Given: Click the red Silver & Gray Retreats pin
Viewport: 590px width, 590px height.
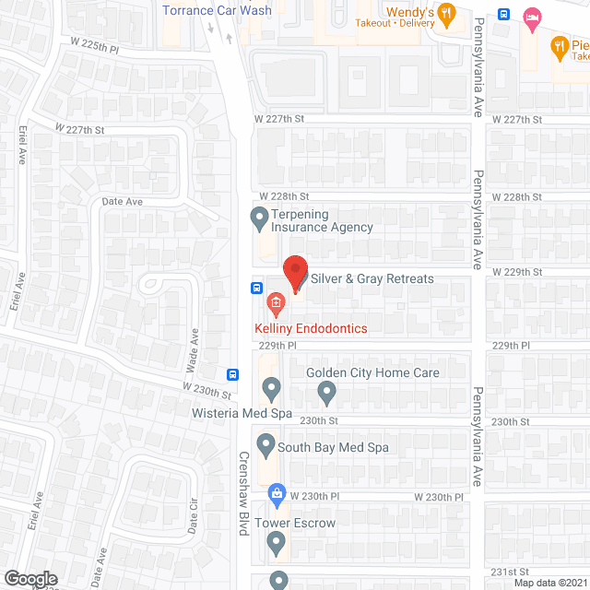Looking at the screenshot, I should pyautogui.click(x=295, y=274).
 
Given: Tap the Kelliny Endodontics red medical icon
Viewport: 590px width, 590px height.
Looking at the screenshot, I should pyautogui.click(x=275, y=303).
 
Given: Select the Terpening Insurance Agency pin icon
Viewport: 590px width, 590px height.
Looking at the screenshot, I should pyautogui.click(x=259, y=219).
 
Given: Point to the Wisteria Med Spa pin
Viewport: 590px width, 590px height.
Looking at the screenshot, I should pyautogui.click(x=270, y=389).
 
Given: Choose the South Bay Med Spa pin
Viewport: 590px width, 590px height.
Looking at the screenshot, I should pyautogui.click(x=265, y=447).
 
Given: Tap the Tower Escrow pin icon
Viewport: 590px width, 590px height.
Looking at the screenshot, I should pyautogui.click(x=276, y=544).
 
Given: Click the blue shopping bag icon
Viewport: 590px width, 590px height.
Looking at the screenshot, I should pyautogui.click(x=276, y=495).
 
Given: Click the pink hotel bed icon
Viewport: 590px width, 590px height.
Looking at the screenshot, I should pyautogui.click(x=532, y=16).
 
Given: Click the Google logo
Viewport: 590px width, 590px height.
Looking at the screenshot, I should pyautogui.click(x=30, y=578).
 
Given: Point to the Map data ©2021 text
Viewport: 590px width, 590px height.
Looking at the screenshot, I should pyautogui.click(x=550, y=583).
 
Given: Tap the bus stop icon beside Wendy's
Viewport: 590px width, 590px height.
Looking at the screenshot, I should pyautogui.click(x=503, y=14).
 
